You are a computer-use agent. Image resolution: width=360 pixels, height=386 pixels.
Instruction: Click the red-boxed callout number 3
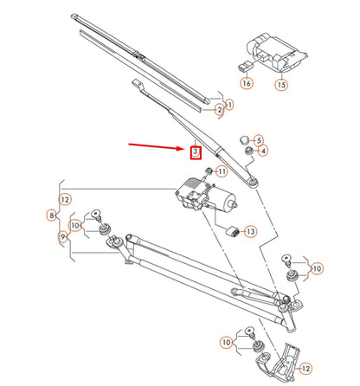tap(196, 152)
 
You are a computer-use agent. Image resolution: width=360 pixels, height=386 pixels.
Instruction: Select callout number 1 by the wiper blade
tap(229, 104)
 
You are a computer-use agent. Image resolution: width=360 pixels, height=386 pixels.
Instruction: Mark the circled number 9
tap(61, 236)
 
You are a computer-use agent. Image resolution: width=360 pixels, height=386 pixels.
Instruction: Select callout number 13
tap(250, 232)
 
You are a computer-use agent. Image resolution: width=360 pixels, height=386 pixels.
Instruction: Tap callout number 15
tap(280, 85)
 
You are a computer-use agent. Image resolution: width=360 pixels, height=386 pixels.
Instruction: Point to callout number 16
tap(247, 84)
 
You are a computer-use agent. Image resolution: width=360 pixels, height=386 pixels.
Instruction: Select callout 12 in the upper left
tap(66, 199)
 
